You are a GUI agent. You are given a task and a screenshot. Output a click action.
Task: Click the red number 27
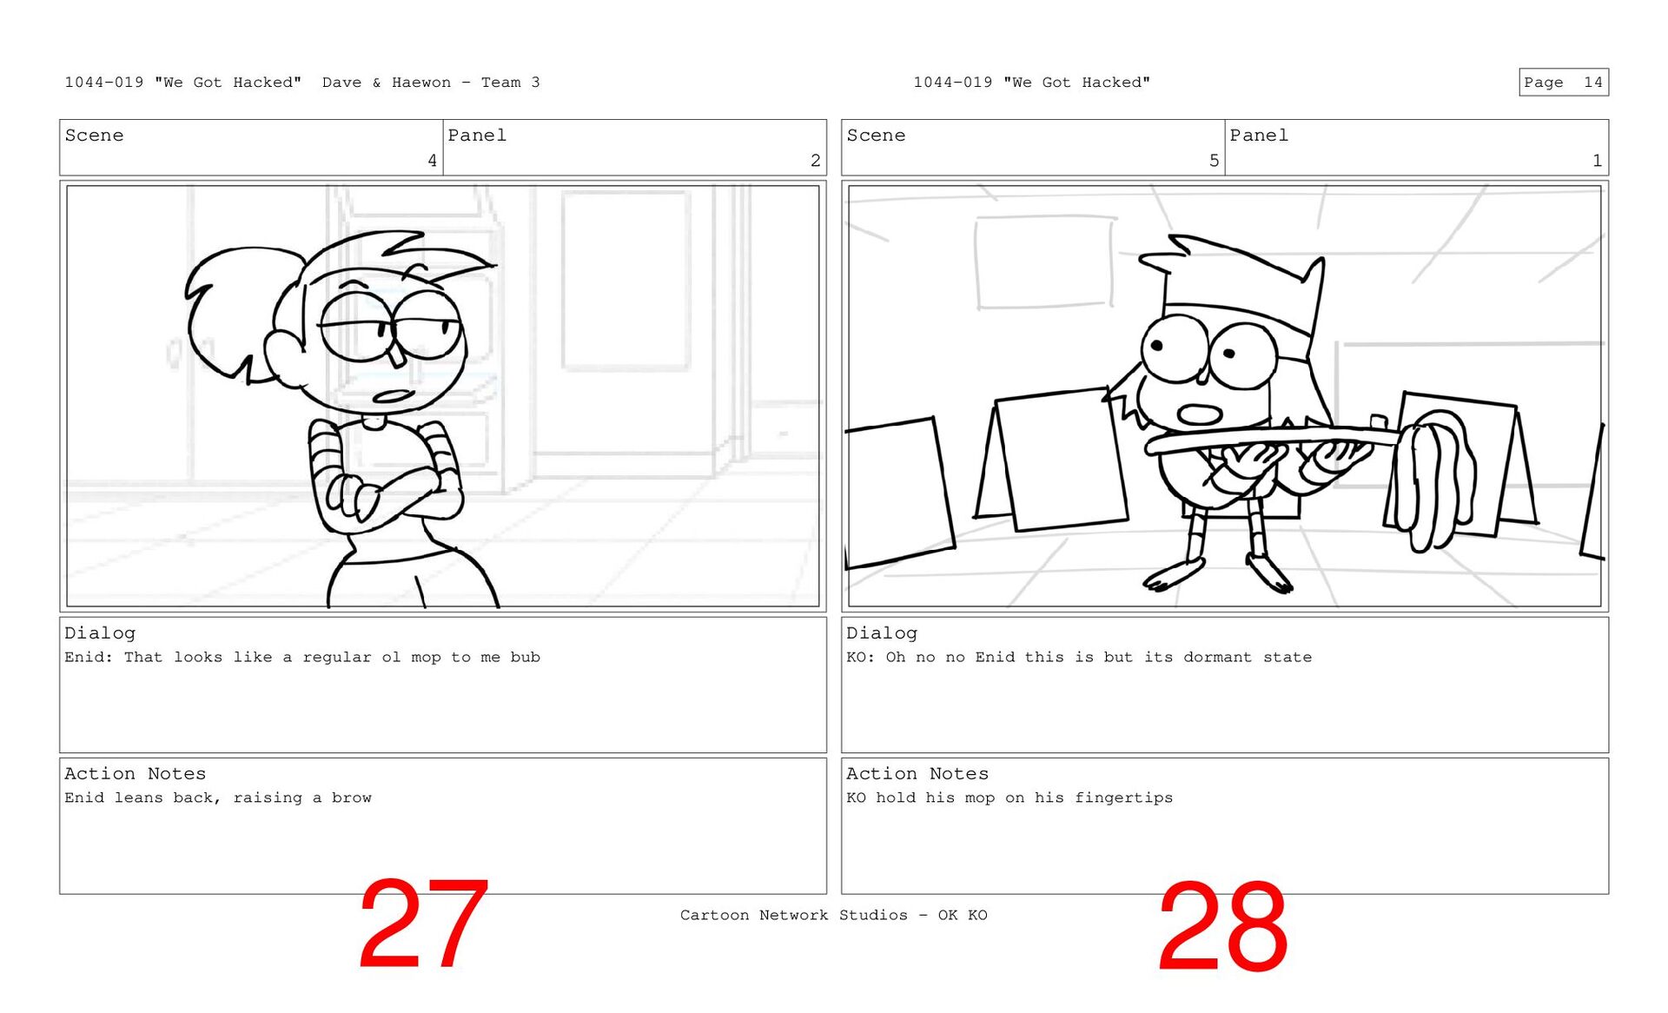tap(423, 924)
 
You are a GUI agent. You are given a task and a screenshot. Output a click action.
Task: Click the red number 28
tap(1222, 926)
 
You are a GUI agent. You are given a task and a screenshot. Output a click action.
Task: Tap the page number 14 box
tap(1563, 82)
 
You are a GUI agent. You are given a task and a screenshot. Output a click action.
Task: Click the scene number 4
tap(432, 160)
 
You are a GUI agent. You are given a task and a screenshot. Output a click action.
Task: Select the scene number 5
tap(1214, 160)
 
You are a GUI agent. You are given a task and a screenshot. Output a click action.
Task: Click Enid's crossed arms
tap(387, 491)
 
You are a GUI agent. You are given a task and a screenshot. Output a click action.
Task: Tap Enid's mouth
tap(393, 397)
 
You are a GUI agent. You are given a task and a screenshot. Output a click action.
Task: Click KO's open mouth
tap(1200, 414)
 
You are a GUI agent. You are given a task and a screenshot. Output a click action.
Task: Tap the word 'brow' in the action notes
tap(351, 798)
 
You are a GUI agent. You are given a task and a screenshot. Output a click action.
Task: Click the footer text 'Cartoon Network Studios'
tap(793, 915)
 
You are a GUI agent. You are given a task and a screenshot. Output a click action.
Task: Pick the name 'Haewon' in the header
tap(421, 83)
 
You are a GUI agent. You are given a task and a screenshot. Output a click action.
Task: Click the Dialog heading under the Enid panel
tap(100, 633)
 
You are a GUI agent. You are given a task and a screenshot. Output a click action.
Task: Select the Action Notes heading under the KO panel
tap(917, 773)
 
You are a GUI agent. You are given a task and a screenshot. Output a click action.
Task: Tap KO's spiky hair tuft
tap(1164, 252)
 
